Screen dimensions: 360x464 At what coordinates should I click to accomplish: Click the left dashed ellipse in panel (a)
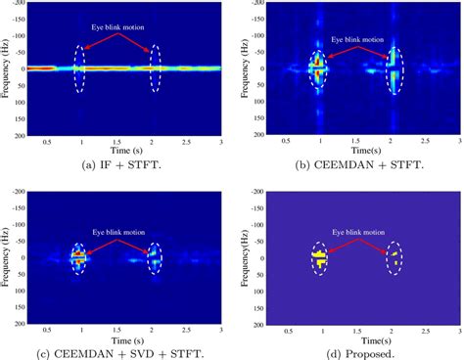(82, 69)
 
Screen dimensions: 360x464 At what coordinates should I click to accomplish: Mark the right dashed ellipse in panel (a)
(155, 69)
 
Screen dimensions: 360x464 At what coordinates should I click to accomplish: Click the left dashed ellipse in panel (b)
(318, 71)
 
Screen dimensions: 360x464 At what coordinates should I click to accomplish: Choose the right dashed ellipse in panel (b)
(394, 70)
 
